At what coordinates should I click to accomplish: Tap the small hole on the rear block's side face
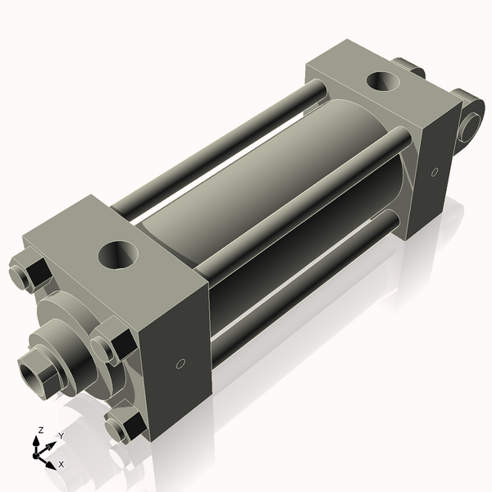[435, 172]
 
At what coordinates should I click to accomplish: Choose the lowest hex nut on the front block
[122, 426]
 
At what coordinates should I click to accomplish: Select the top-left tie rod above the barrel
[221, 148]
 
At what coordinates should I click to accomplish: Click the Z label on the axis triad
[41, 430]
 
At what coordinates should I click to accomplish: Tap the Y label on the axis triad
[61, 435]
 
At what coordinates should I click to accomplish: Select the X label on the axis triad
[61, 464]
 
